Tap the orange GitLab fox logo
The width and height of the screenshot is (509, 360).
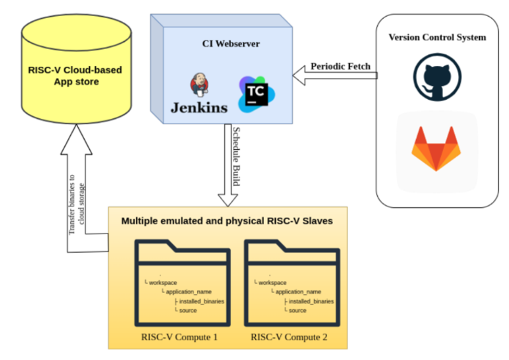(x=436, y=149)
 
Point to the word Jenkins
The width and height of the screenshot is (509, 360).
(x=199, y=107)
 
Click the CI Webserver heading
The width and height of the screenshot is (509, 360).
(x=231, y=44)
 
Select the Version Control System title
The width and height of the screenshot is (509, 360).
(x=437, y=38)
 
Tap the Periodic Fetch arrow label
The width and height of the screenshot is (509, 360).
(x=340, y=66)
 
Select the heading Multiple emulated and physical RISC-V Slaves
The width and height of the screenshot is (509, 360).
(x=227, y=221)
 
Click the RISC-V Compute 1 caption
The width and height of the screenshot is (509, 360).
(x=179, y=337)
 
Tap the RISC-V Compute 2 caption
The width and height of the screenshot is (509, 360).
(x=289, y=337)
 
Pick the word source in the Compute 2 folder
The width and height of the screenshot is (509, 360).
(x=297, y=310)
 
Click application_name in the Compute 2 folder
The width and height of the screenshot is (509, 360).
(x=298, y=292)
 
